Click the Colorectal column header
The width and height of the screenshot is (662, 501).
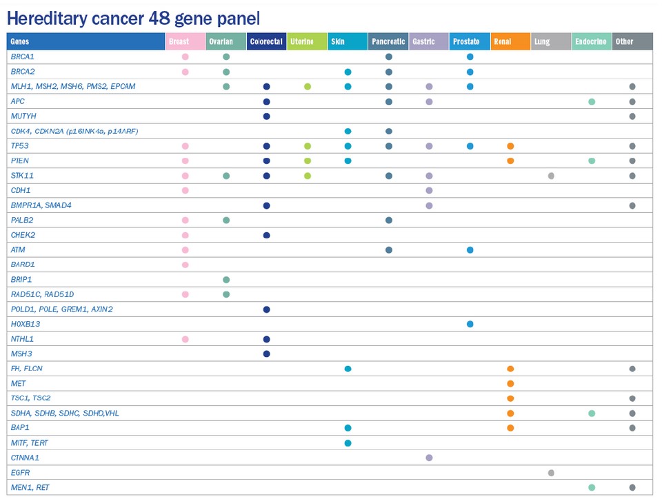click(266, 42)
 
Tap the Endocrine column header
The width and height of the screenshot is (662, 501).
click(591, 42)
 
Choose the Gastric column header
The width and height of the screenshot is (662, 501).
click(423, 42)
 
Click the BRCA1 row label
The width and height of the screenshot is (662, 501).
click(23, 57)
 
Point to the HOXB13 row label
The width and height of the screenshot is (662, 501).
click(25, 324)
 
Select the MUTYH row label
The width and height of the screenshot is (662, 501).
click(23, 116)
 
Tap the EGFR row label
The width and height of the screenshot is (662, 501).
click(21, 473)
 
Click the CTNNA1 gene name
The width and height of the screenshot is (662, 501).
click(26, 458)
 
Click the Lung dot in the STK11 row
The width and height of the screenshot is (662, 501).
click(551, 176)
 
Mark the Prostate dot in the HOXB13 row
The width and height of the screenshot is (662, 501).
click(470, 324)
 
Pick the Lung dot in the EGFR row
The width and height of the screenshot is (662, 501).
click(551, 473)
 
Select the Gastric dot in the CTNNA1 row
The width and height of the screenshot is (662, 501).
click(429, 458)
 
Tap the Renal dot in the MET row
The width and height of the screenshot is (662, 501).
click(510, 384)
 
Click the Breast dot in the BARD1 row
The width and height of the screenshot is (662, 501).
click(185, 265)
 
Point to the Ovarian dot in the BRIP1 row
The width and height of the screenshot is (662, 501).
click(226, 280)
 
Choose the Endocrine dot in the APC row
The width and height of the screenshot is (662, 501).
click(592, 101)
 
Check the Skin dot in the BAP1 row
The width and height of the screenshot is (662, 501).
click(348, 428)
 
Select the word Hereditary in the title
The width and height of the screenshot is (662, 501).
click(47, 17)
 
